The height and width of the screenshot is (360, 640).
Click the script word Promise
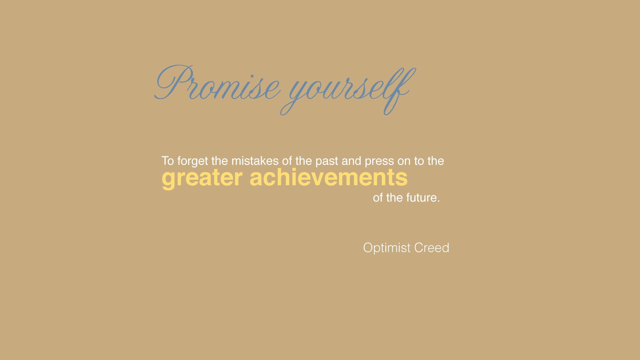coord(217,83)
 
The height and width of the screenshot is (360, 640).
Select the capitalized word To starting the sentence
coord(168,161)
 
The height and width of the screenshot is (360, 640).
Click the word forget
coord(193,161)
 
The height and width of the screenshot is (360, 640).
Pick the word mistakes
coord(255,161)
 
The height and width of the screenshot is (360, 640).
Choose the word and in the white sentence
coord(351,161)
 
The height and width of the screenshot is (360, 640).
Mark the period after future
coord(439,201)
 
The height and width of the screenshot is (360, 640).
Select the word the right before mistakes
coord(220,161)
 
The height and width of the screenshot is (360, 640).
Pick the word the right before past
coord(304,161)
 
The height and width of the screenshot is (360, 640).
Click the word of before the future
coord(378,198)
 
